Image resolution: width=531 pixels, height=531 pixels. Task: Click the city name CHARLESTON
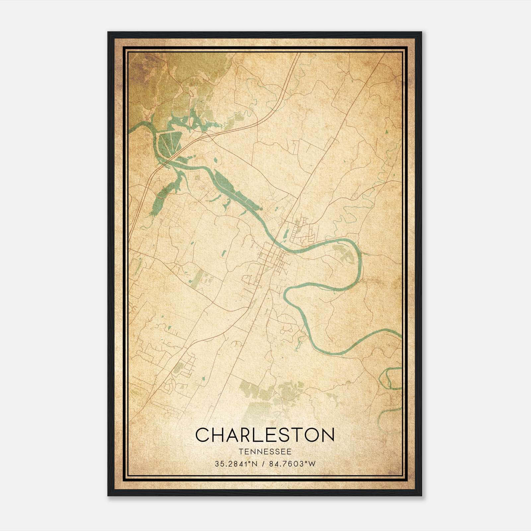point(265,435)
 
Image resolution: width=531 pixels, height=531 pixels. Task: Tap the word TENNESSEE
point(265,452)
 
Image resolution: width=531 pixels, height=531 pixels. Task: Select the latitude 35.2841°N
point(236,464)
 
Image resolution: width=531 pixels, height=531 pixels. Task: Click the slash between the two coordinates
point(263,464)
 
